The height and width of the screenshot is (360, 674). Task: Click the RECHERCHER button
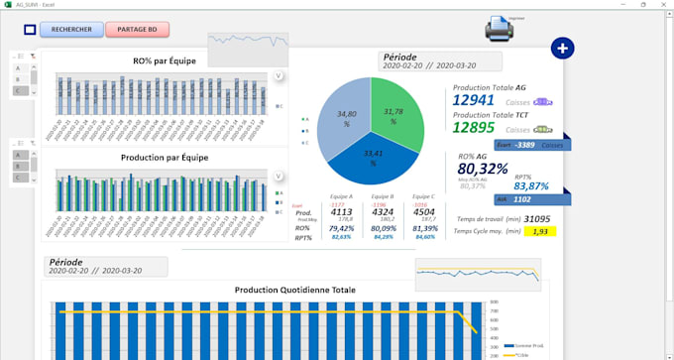coord(71,30)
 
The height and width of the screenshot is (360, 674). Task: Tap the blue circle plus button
coord(561,49)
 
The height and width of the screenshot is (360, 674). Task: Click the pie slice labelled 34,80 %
coord(344,122)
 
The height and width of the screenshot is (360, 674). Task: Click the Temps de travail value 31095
coord(537,219)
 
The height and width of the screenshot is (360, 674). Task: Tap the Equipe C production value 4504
coord(423,212)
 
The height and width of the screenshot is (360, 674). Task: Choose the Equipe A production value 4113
coord(341,212)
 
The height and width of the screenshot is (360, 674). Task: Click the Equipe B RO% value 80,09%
coord(383,227)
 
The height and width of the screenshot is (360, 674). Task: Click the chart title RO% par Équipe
coord(164,60)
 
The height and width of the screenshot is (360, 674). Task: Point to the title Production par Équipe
coord(164,157)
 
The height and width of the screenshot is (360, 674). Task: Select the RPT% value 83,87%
coord(531,186)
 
